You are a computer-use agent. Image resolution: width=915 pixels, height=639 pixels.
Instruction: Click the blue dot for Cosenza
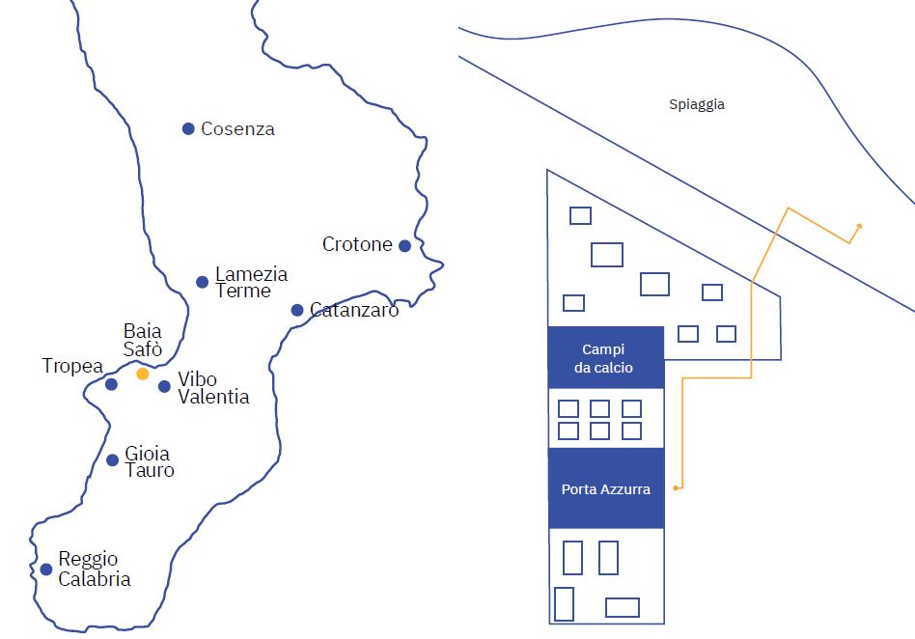click(x=188, y=128)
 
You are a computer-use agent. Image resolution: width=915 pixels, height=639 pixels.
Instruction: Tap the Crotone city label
click(x=357, y=244)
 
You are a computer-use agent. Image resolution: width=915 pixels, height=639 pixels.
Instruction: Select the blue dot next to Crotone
click(x=404, y=246)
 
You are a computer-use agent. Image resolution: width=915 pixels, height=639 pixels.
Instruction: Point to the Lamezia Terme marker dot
click(x=202, y=282)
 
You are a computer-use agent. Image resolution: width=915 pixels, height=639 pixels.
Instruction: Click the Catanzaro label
click(x=354, y=309)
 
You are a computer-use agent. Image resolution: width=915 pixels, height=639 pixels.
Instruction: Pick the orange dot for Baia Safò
click(x=143, y=374)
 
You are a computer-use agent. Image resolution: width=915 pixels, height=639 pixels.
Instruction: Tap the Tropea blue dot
click(x=111, y=384)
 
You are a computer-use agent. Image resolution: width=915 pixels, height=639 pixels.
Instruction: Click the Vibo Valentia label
click(x=213, y=387)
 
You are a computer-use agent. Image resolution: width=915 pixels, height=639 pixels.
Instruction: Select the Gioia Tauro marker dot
click(x=113, y=459)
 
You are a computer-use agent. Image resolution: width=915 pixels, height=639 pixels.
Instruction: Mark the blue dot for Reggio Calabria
click(x=46, y=569)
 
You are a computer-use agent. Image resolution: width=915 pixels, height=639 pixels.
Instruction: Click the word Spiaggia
click(x=697, y=104)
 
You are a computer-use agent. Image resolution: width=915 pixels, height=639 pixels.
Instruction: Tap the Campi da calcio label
click(x=603, y=358)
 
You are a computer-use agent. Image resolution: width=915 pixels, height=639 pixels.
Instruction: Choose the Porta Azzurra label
click(x=606, y=489)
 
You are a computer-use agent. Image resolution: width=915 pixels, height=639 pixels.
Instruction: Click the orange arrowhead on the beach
click(x=858, y=227)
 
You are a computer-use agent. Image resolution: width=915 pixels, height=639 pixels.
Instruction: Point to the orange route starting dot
click(x=676, y=487)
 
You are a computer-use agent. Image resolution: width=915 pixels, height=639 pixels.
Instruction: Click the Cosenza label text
click(x=237, y=128)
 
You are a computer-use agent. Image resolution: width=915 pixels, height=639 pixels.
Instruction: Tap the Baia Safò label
click(x=143, y=340)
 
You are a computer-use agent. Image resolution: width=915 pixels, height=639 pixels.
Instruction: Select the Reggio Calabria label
click(x=95, y=569)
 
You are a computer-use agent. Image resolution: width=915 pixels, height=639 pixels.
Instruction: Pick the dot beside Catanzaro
click(x=297, y=310)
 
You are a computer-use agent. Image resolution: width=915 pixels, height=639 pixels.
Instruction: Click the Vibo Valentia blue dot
click(x=164, y=386)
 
